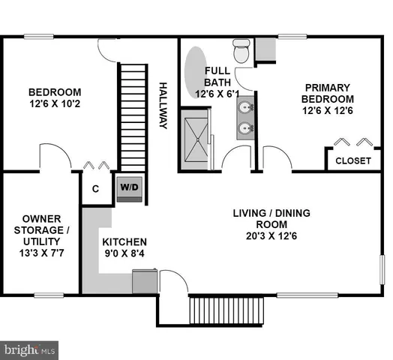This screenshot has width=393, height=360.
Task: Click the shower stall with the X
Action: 196,139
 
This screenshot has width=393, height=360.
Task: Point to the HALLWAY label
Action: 162,105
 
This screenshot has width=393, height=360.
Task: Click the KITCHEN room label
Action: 124,243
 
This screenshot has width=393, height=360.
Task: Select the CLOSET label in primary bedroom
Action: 352,160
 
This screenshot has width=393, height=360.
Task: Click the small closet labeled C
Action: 95,189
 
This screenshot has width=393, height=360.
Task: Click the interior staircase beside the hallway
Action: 132,116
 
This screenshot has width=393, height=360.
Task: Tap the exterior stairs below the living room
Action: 226,309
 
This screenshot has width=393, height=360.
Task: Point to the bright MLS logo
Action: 30,349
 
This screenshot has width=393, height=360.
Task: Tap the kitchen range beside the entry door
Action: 144,283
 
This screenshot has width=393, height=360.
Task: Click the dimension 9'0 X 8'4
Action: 124,256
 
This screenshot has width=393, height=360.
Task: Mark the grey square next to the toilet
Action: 265,48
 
